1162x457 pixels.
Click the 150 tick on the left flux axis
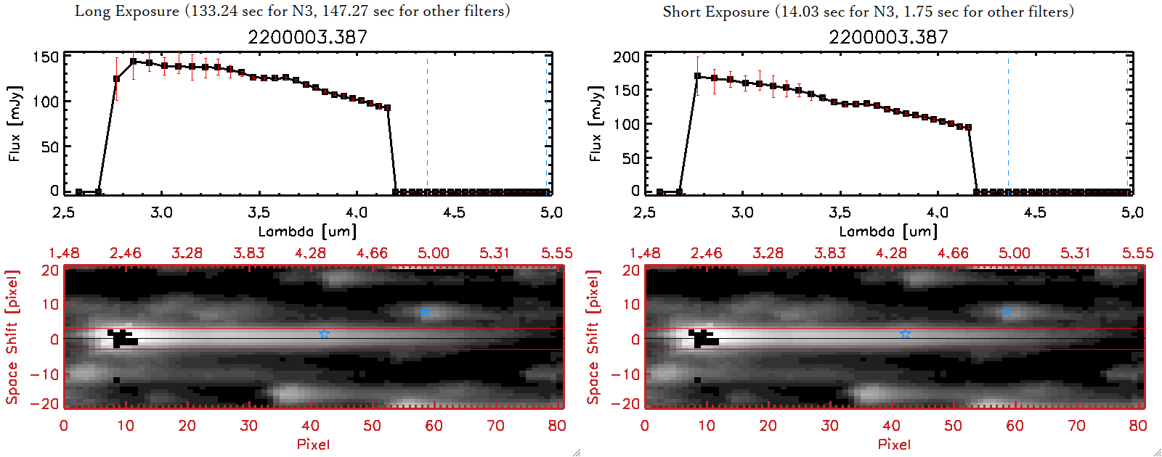45,57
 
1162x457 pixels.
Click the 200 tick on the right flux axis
626,57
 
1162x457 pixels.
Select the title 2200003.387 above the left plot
307,37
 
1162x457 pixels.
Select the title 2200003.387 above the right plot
888,37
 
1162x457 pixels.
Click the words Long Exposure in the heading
127,12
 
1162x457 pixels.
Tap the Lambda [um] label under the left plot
307,231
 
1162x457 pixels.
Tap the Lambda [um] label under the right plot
888,231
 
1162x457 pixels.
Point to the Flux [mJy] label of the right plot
596,123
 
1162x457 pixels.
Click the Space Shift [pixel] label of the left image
12,337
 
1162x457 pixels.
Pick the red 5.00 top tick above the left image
433,253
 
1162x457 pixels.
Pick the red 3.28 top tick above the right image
768,253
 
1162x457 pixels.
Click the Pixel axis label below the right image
894,444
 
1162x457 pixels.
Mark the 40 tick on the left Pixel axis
310,426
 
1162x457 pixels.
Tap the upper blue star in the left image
426,313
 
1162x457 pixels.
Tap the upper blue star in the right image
1006,313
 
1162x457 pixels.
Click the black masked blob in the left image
122,339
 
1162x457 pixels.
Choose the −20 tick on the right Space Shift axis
625,403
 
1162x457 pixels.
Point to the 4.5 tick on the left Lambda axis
454,213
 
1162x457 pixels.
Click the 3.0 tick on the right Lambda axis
742,213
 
